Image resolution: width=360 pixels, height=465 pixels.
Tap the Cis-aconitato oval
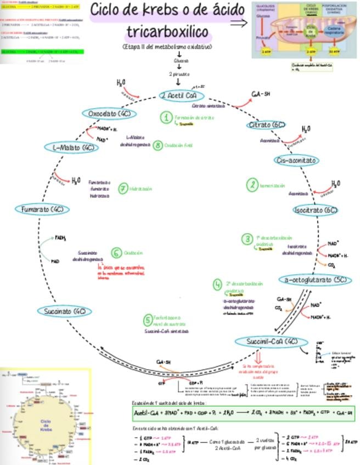tap(296, 160)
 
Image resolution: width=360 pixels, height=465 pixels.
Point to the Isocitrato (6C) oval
tap(316, 210)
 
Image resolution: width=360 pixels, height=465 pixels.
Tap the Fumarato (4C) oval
tap(42, 209)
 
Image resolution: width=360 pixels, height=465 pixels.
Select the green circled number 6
tap(116, 253)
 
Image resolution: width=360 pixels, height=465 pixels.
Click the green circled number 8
tap(158, 145)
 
